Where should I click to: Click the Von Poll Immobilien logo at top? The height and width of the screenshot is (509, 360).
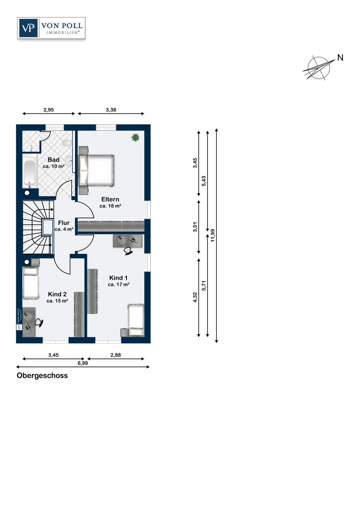point(51,28)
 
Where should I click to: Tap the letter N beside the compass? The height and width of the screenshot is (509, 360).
point(340,58)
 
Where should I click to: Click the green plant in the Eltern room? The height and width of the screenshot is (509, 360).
point(135,137)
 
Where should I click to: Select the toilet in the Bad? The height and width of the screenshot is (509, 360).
point(67,143)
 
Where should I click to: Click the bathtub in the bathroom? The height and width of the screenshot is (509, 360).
point(30,172)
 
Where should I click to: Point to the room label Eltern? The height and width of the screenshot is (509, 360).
point(110,199)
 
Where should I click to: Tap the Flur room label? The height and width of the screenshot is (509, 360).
point(64,223)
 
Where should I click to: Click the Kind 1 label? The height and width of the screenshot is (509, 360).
point(118,278)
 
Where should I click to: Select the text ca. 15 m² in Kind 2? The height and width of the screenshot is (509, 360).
point(57,301)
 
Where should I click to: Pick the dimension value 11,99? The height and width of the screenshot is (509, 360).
point(213,235)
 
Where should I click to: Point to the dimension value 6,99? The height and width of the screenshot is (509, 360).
point(83,363)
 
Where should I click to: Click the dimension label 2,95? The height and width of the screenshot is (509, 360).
point(49,110)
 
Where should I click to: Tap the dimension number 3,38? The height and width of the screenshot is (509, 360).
point(111,110)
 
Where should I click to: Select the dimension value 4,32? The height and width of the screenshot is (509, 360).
point(195,297)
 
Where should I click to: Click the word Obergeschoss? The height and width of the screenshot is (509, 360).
point(42,375)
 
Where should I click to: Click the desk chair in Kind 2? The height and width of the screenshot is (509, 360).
point(40,322)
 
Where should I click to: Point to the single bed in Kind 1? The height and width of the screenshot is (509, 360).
point(136,320)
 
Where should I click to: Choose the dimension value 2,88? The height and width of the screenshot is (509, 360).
point(115,355)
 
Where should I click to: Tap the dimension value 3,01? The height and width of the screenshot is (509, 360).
point(195,227)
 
